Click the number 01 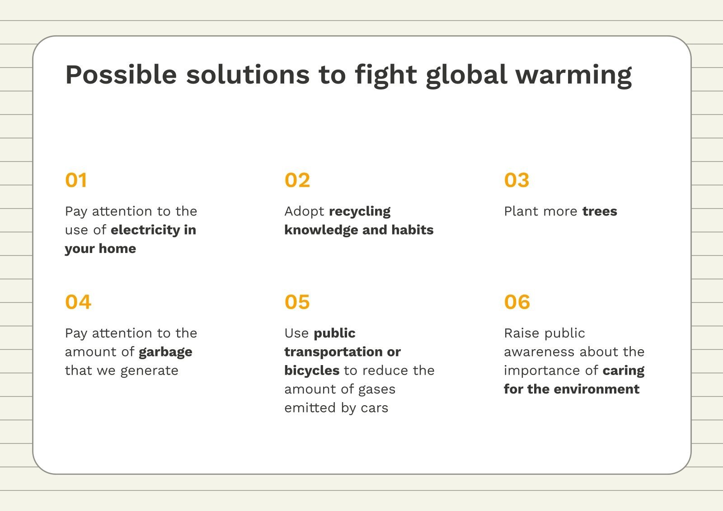click(x=76, y=180)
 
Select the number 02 click(x=297, y=180)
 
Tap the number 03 click(x=516, y=180)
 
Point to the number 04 click(x=78, y=302)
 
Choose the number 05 click(x=297, y=302)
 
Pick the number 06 click(x=517, y=302)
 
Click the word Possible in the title click(x=121, y=75)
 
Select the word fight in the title click(x=386, y=75)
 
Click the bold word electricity click(x=145, y=230)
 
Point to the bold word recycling click(x=360, y=211)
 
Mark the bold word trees click(x=600, y=211)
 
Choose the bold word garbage click(x=165, y=352)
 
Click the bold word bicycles click(x=312, y=370)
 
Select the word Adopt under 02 click(x=304, y=211)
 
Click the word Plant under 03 click(x=520, y=211)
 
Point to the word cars click(x=375, y=408)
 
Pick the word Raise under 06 click(x=520, y=333)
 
